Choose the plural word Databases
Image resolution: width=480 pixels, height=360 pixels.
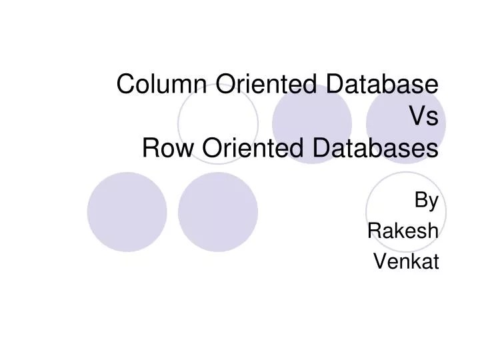373,149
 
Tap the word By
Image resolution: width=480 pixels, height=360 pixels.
427,200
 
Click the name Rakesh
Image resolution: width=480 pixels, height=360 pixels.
403,231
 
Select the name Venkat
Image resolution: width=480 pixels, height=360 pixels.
406,261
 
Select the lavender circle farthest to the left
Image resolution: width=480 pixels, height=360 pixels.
127,211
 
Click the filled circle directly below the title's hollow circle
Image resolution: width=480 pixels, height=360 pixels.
218,211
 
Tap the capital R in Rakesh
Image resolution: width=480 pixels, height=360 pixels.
375,231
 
